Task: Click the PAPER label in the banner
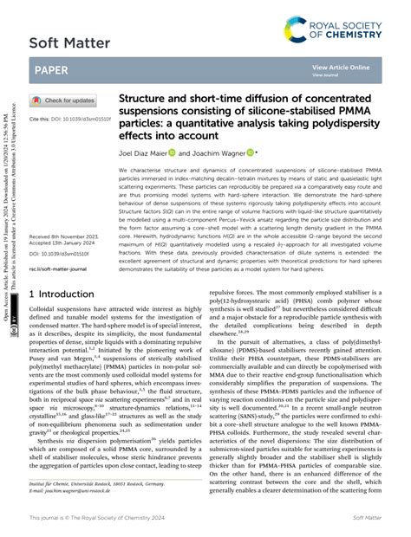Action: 52,68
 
